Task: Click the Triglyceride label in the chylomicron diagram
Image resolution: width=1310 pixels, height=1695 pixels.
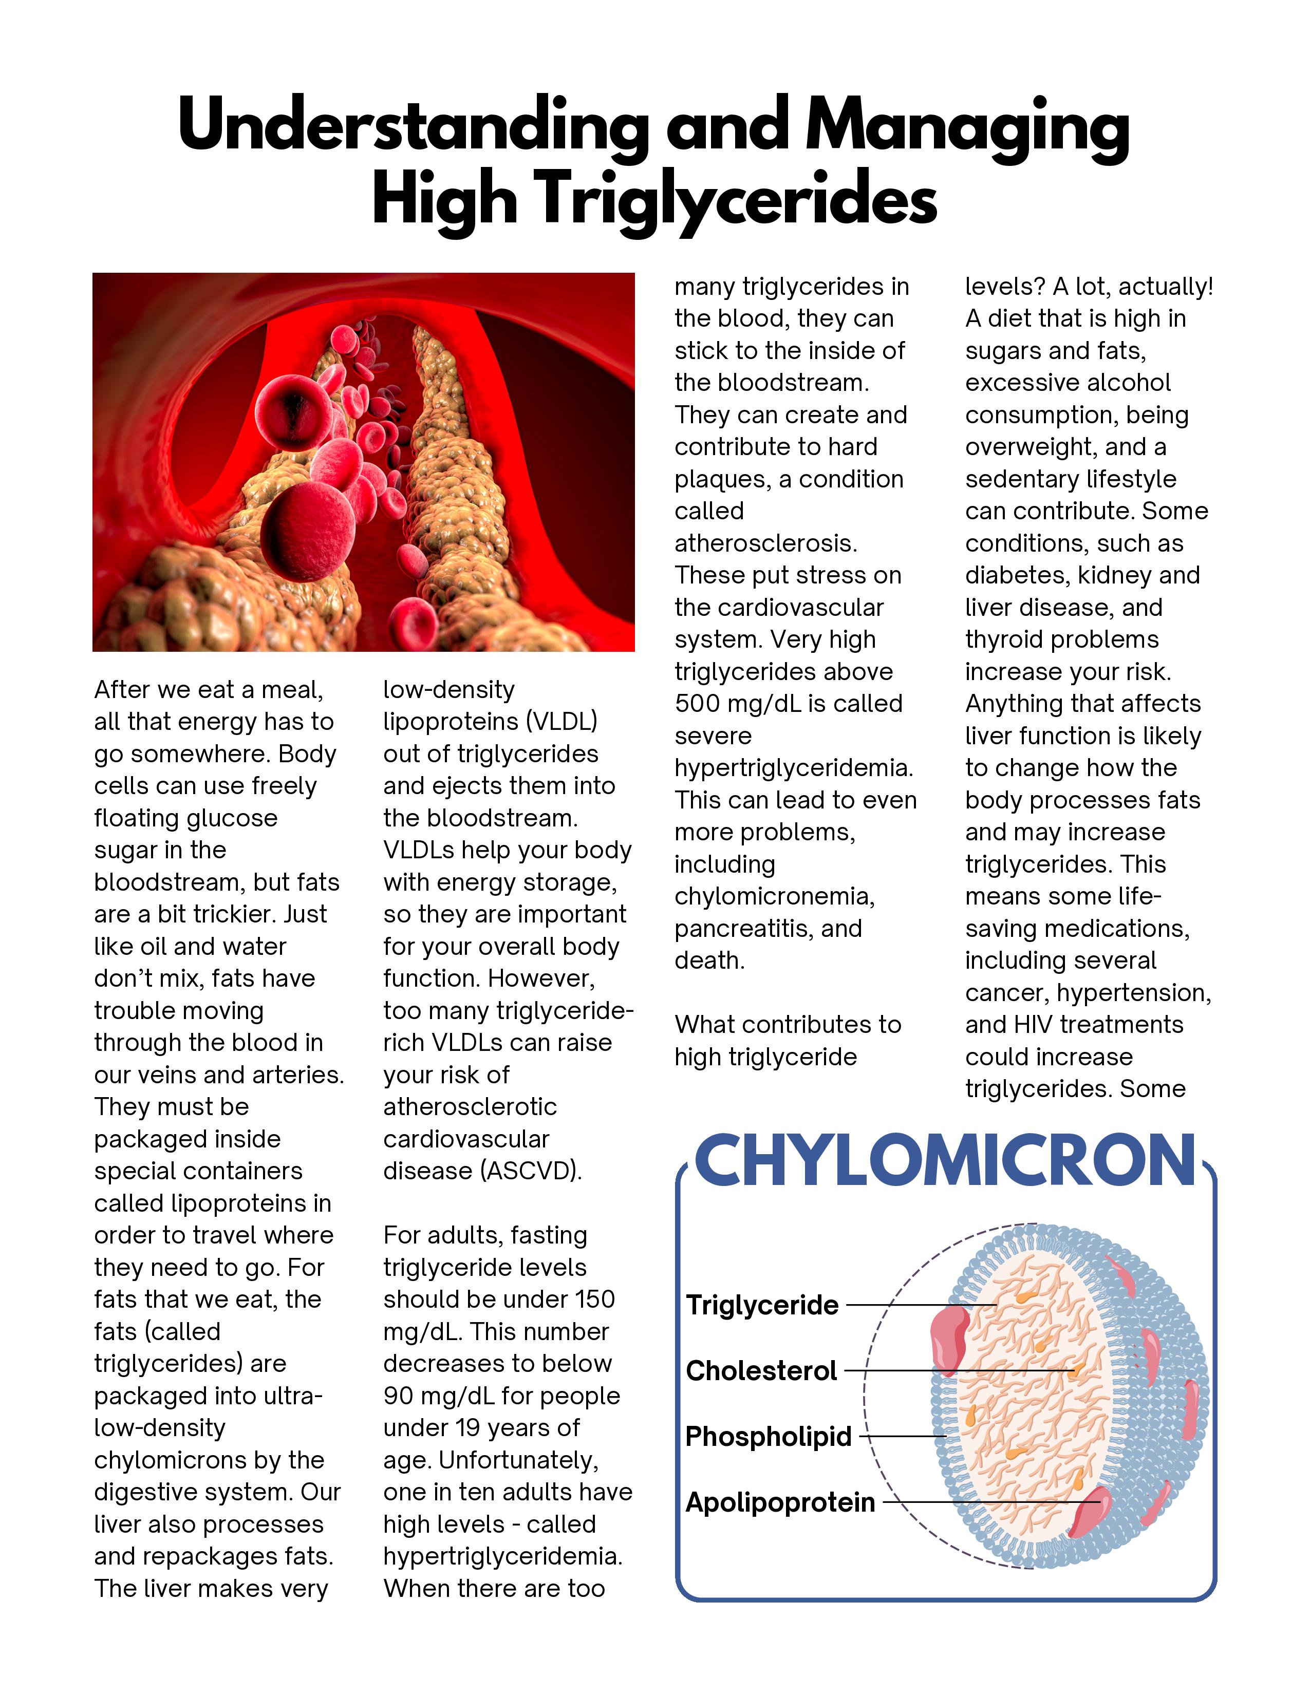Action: coord(762,1305)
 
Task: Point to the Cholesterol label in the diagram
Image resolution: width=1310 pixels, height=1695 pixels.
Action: coord(761,1371)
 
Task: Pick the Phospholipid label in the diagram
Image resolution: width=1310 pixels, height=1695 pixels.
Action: coord(769,1437)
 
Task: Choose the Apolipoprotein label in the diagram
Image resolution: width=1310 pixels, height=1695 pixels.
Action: coord(780,1502)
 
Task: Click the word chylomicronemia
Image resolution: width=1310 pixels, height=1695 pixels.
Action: coord(774,896)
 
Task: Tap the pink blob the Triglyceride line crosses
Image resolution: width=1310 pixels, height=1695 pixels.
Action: coord(950,1338)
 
